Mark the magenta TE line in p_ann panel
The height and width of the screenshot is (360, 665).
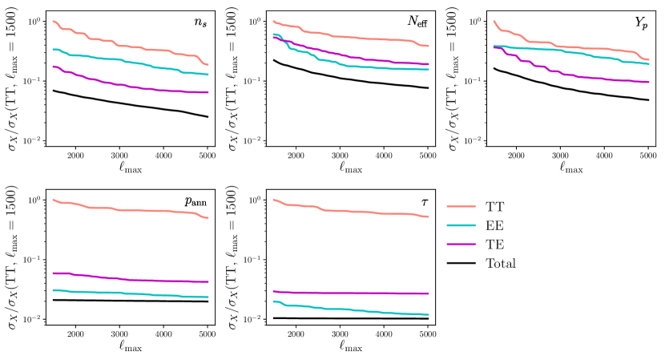[x=120, y=278]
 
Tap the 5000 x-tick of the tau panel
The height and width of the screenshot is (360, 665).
[x=427, y=332]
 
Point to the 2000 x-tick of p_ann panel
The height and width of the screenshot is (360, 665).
[x=76, y=332]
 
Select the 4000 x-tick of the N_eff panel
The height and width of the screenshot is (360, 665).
[x=383, y=154]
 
